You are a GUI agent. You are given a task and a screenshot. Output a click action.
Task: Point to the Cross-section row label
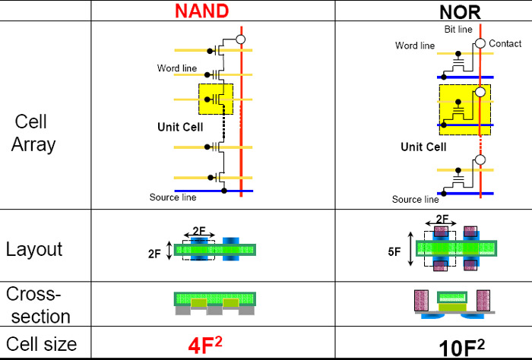pos(38,305)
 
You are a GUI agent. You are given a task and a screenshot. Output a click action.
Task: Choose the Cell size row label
pos(42,344)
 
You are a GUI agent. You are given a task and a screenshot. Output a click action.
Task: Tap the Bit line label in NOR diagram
pos(458,29)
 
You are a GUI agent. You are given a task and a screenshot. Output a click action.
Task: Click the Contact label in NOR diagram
pos(505,44)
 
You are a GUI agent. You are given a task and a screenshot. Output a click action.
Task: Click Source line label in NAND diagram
pos(173,197)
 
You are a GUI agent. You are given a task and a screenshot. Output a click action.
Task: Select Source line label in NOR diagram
pos(415,200)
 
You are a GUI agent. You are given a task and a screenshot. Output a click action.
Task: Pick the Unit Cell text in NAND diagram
pos(180,127)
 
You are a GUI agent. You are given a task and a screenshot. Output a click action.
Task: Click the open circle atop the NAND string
pos(240,38)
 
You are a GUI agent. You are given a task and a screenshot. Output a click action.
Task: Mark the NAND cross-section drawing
pos(214,303)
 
